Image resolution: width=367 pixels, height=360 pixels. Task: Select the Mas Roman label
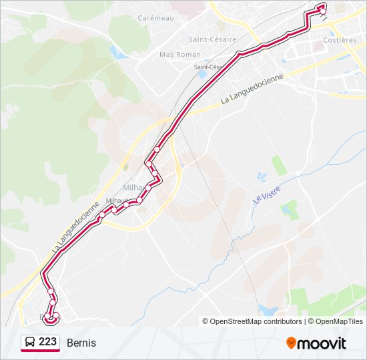175,54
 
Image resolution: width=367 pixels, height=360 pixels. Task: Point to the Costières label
340,40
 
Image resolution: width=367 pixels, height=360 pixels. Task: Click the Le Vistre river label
266,193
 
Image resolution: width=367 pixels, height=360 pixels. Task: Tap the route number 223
47,342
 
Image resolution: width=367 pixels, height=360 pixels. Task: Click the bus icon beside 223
30,343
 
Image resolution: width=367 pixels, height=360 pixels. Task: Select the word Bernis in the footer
81,343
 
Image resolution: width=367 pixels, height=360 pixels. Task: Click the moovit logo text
322,343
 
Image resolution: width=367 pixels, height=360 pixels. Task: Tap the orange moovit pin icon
291,343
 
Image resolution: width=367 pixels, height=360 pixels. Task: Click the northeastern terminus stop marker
322,9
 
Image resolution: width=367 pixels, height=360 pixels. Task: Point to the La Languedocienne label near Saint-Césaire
252,89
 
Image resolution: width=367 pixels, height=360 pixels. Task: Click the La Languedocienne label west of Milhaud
75,227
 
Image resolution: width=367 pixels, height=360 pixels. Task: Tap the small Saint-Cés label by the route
208,67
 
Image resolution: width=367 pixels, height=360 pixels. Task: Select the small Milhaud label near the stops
117,200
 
